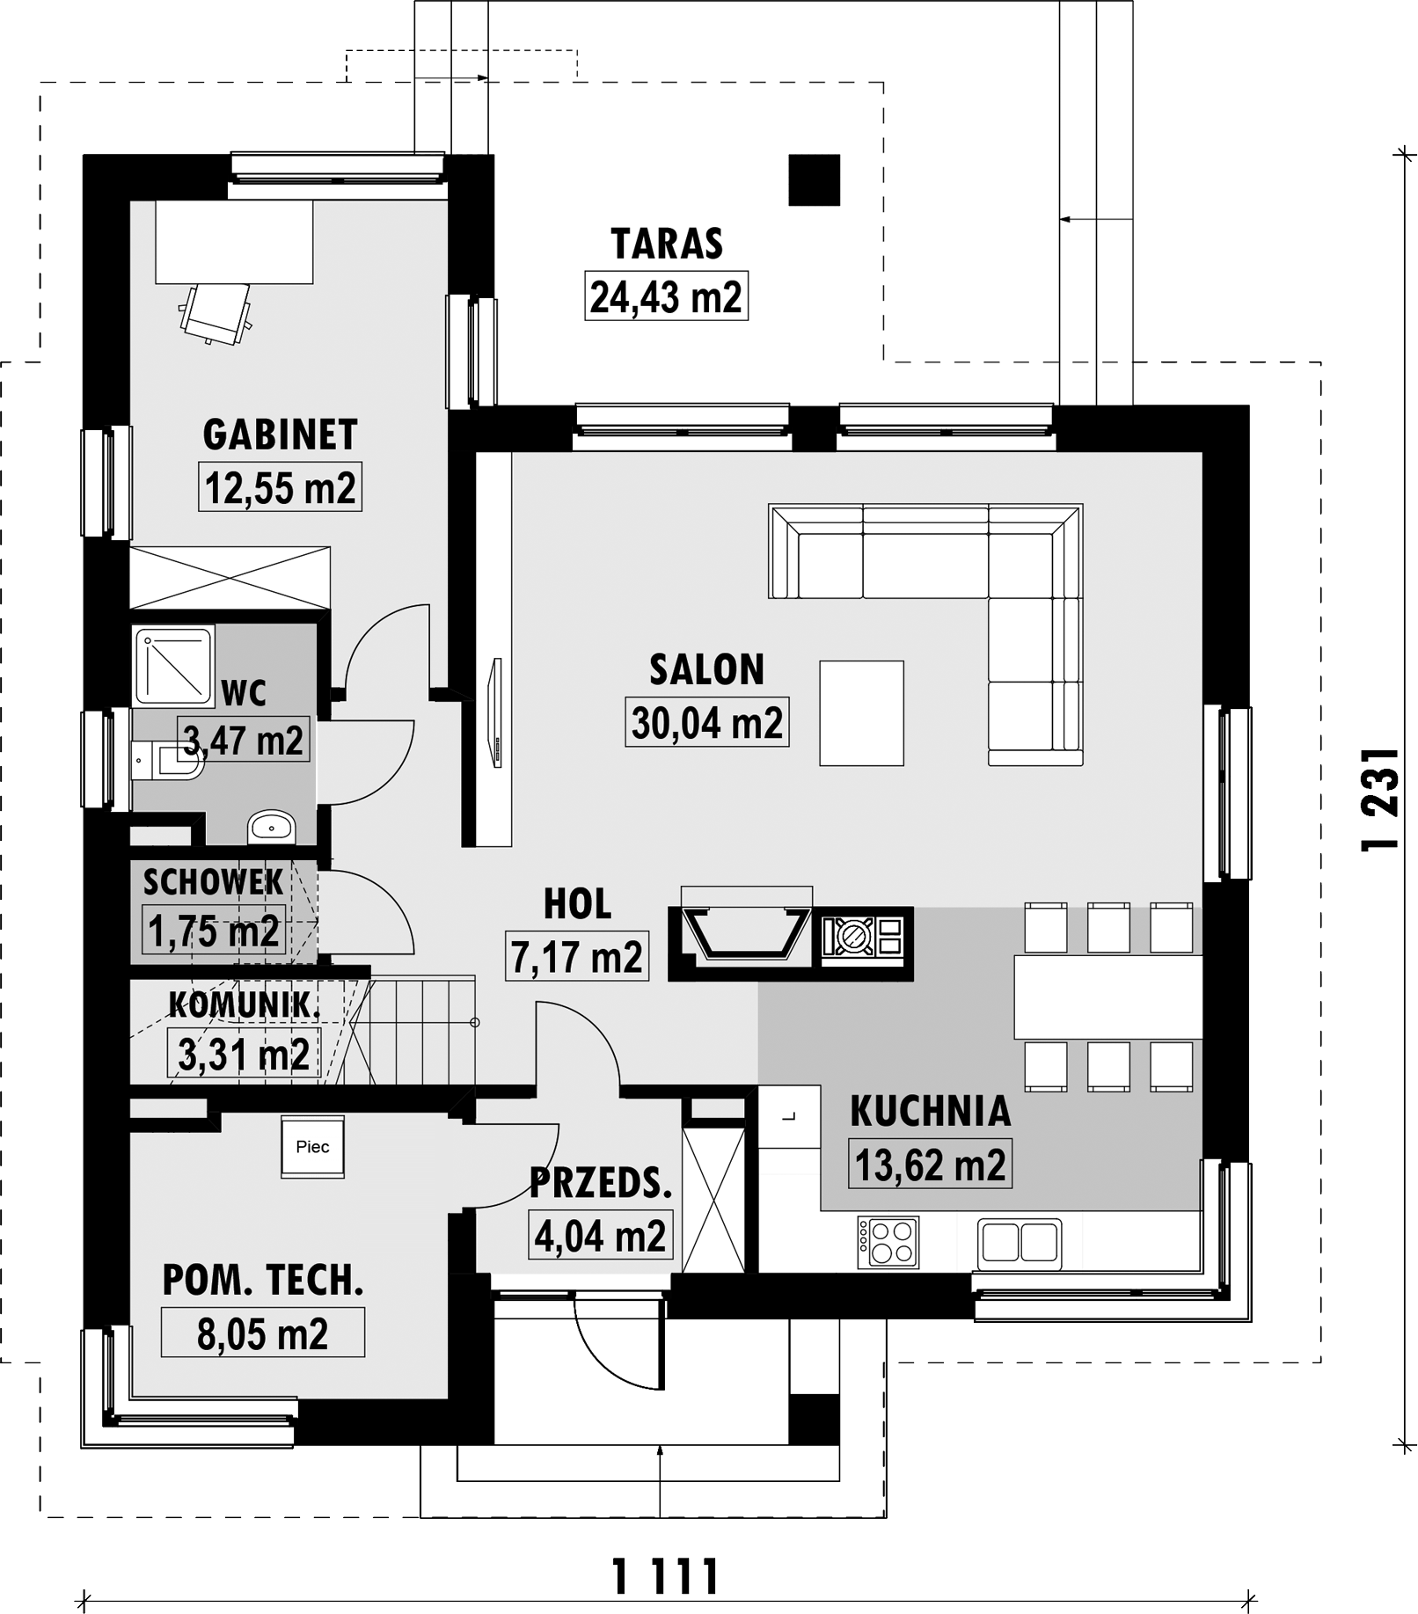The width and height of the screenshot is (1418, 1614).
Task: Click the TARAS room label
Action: [667, 244]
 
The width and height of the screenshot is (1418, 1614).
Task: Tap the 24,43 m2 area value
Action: [666, 296]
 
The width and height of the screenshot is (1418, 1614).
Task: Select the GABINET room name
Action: [280, 435]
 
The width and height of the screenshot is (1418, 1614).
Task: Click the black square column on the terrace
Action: [814, 180]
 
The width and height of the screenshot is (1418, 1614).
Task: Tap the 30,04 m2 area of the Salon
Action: [706, 722]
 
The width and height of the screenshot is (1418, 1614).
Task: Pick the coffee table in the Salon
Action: [861, 712]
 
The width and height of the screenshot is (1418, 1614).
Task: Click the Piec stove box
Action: [312, 1147]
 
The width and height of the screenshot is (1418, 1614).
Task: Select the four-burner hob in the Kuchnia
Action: [888, 1242]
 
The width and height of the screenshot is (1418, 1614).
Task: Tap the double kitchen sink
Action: [1020, 1242]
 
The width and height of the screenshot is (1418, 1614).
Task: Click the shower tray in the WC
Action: [173, 666]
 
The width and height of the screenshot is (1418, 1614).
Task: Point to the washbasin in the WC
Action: [271, 826]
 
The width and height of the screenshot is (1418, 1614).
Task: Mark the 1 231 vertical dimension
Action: [1379, 800]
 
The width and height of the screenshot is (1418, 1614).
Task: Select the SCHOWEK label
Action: [213, 881]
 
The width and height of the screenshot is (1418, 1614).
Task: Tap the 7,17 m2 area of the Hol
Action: [577, 956]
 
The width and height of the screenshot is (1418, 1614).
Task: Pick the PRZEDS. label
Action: [601, 1184]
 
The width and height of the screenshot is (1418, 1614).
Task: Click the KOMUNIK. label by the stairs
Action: [244, 1005]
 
